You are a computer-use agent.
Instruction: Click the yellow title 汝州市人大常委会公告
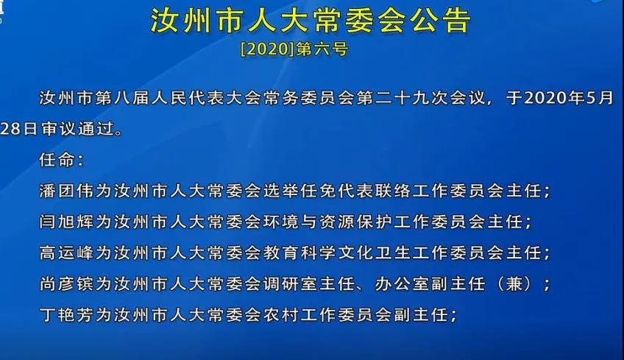coord(311,20)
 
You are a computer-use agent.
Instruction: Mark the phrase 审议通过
coord(77,129)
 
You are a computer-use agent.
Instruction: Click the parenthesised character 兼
coord(514,284)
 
